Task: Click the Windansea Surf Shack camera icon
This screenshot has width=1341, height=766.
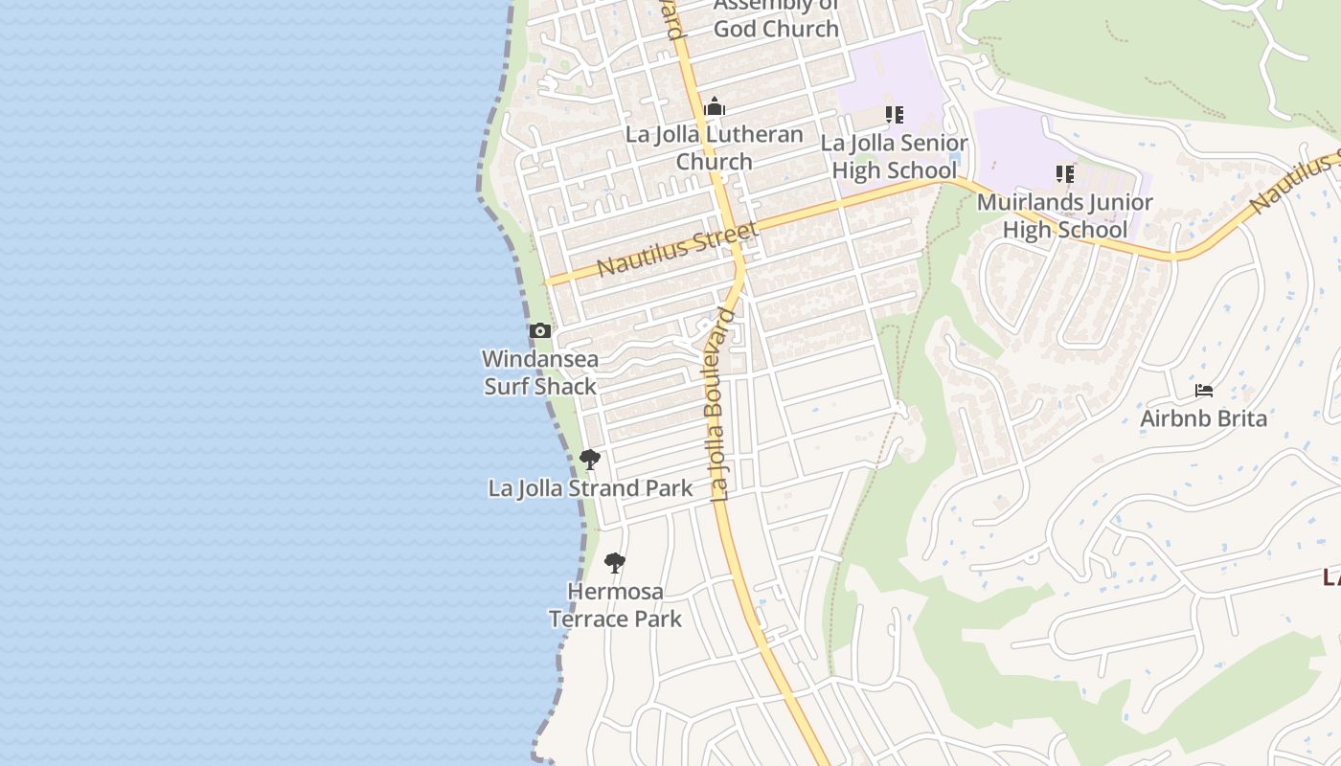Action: point(540,331)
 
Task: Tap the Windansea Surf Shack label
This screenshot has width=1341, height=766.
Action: point(540,372)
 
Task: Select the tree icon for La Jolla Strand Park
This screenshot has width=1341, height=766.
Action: point(590,460)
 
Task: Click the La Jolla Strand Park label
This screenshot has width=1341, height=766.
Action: point(590,488)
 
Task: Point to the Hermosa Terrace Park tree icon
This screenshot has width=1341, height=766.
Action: point(615,563)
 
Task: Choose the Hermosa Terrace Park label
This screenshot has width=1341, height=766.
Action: point(615,605)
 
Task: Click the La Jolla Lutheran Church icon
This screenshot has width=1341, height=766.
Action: point(715,107)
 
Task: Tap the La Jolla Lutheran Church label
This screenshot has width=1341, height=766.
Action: point(715,147)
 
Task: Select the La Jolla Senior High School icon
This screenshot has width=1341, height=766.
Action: point(895,115)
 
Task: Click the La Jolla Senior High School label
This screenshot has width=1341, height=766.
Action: point(895,157)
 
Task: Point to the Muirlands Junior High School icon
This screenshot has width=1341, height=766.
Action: point(1065,174)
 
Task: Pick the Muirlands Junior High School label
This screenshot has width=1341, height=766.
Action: point(1065,216)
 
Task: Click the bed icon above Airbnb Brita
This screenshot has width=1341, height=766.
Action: point(1204,391)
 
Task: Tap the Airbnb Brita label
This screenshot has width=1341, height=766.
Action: point(1203,418)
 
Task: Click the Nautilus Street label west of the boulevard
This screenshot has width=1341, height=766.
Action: point(677,249)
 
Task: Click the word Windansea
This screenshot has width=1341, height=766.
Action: point(540,359)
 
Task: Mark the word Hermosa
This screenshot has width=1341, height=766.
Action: point(615,592)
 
